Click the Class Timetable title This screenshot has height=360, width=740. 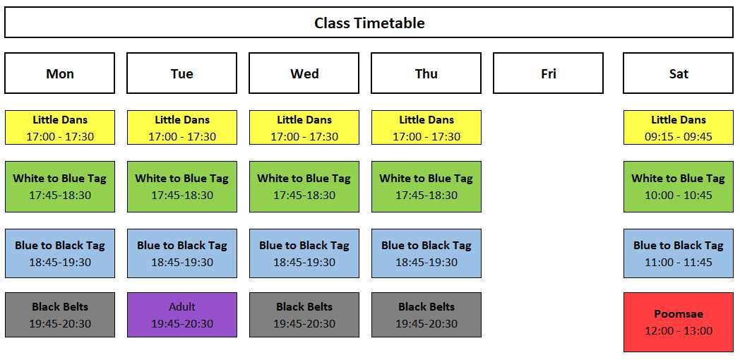pos(369,23)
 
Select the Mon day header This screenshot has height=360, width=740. pos(59,73)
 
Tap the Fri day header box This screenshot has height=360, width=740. pos(548,73)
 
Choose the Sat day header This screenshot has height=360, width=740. pos(678,73)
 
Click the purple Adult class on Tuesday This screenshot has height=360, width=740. pos(182,315)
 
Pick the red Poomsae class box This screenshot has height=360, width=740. pos(678,323)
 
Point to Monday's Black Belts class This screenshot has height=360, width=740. pos(60,315)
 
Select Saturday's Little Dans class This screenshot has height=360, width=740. pos(678,127)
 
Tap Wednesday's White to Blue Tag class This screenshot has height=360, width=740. pos(304,186)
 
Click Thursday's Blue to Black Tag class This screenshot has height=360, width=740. pos(426,253)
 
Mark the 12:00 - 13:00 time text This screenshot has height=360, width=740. pos(678,331)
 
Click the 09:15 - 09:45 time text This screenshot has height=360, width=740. pos(678,137)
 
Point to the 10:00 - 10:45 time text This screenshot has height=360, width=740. pos(678,195)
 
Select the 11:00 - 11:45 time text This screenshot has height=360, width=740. pos(678,262)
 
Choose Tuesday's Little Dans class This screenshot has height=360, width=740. pos(182,127)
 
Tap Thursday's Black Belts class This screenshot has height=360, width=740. pos(426,315)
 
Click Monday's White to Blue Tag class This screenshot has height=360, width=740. pos(60,186)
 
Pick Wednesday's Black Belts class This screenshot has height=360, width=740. pos(304,315)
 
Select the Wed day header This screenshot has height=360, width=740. pos(304,73)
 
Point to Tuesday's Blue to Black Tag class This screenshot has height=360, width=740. pos(182,253)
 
